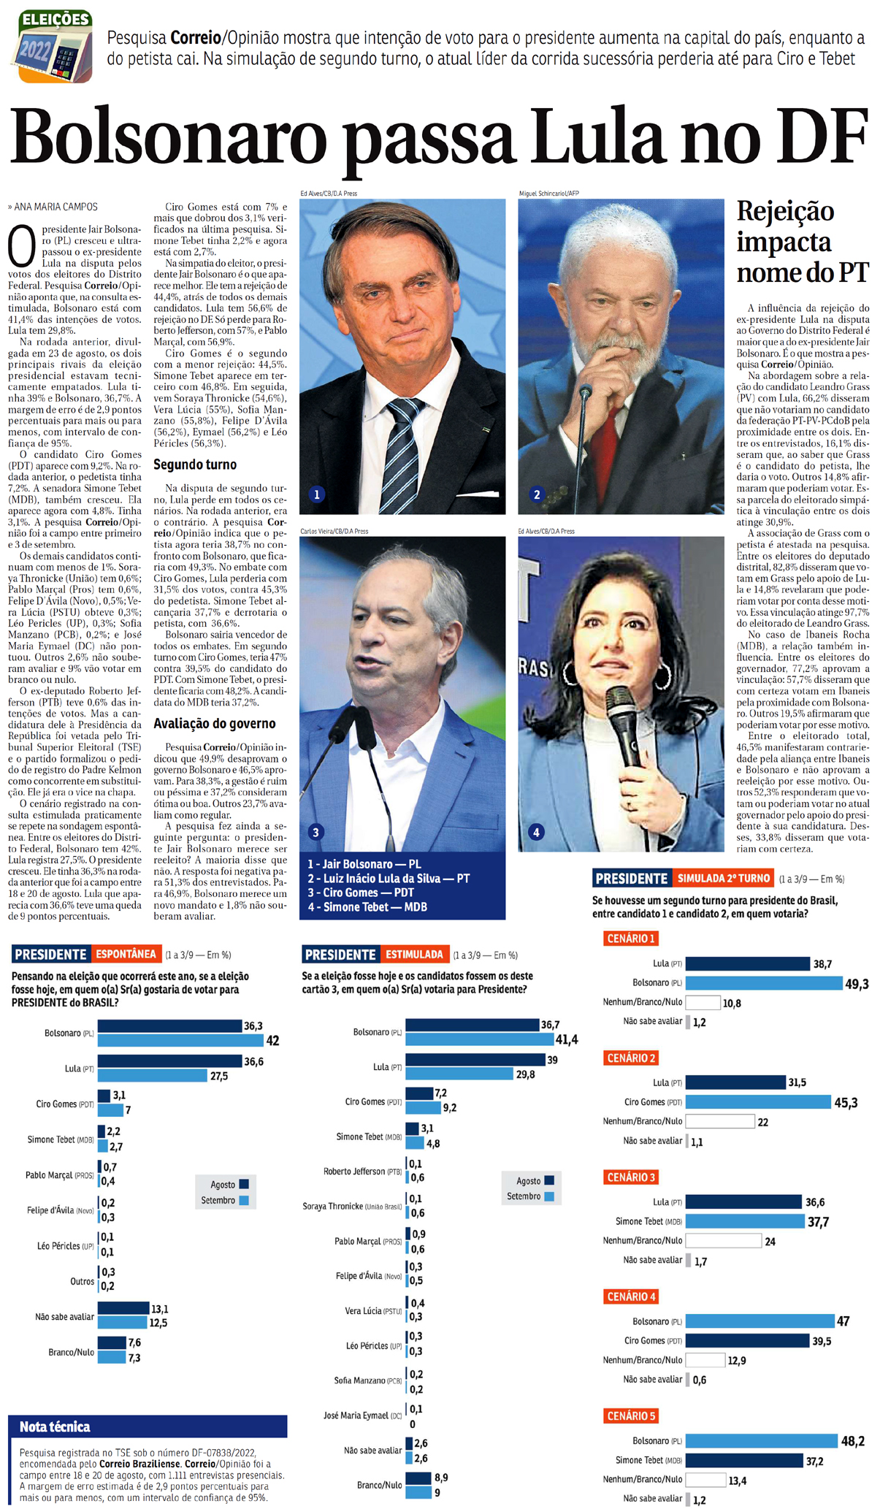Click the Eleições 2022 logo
click(x=55, y=46)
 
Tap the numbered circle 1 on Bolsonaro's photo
click(x=316, y=494)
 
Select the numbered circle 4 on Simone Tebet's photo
click(x=536, y=832)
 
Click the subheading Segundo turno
click(x=194, y=465)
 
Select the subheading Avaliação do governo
click(x=214, y=724)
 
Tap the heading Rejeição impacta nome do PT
click(x=802, y=242)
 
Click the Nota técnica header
click(x=55, y=1426)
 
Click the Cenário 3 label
click(x=632, y=1177)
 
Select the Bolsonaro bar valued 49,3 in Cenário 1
click(x=763, y=983)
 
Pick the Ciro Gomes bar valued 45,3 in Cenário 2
click(x=757, y=1102)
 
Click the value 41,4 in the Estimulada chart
click(x=566, y=1039)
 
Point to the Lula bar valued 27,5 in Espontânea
click(x=152, y=1075)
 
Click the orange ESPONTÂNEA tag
click(x=126, y=954)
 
